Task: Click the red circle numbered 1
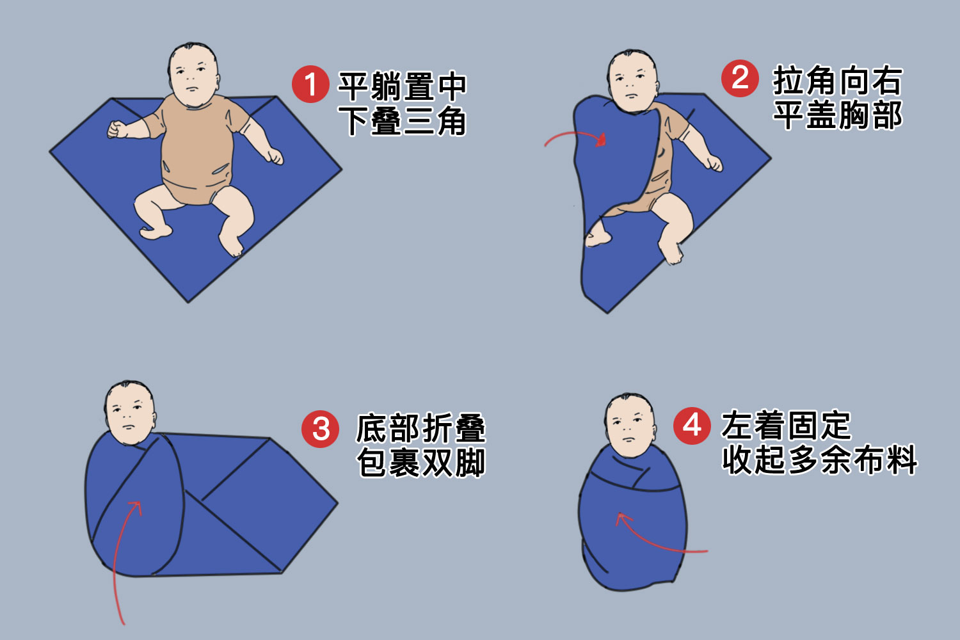pos(310,84)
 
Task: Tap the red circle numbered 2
pos(740,78)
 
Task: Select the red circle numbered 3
pos(320,429)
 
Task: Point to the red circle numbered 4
pos(692,426)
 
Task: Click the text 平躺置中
pos(402,86)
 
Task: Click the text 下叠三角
pos(402,121)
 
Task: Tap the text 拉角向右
pos(837,80)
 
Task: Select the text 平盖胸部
pos(837,115)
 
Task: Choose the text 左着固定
pos(786,425)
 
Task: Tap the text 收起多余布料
pos(819,459)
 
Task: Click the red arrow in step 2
pos(574,133)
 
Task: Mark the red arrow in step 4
pos(652,541)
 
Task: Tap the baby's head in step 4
pos(628,425)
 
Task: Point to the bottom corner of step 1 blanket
pos(188,302)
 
